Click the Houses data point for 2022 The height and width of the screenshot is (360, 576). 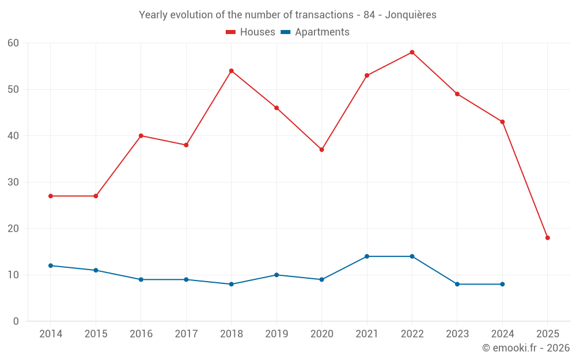[412, 52]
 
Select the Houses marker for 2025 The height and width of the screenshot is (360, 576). [548, 238]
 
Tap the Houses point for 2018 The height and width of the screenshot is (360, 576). [231, 71]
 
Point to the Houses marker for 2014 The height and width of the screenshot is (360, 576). [51, 196]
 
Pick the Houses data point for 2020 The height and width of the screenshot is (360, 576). [321, 150]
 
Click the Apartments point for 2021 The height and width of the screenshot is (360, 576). [367, 256]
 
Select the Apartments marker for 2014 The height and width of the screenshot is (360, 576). [51, 266]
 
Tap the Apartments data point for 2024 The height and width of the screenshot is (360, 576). [502, 284]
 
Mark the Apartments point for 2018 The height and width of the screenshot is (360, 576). [231, 284]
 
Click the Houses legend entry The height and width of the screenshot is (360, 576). [251, 32]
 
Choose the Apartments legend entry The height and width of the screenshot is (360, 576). [315, 32]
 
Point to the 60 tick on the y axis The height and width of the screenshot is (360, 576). [14, 43]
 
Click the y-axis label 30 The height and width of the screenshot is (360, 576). [14, 182]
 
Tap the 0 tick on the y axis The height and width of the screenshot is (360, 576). [16, 321]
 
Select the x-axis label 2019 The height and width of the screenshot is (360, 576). [276, 334]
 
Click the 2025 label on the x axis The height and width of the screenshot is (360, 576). [548, 334]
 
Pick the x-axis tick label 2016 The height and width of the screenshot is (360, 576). [141, 334]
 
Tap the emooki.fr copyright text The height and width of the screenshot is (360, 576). [526, 348]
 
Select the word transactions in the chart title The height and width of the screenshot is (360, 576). [320, 15]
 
